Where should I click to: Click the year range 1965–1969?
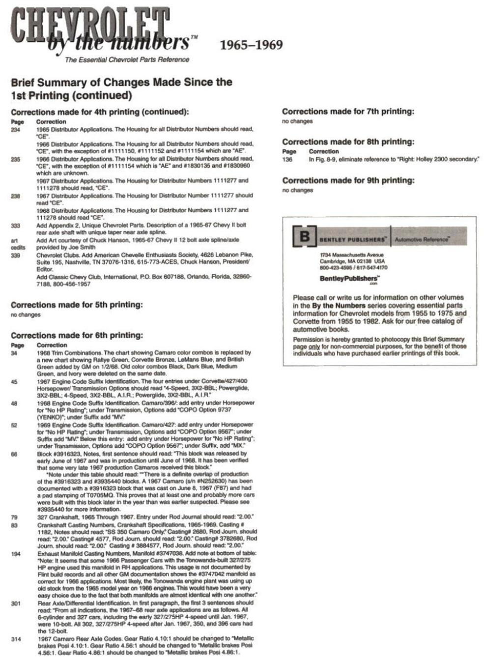coord(251,45)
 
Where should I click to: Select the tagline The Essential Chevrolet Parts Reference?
coord(127,59)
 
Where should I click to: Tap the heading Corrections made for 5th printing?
coord(77,305)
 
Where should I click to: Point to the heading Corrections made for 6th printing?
coord(77,335)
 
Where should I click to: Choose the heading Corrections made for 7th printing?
coord(348,112)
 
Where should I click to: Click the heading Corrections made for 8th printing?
coord(348,142)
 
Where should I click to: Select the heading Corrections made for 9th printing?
coord(348,180)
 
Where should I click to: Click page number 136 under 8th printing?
coord(287,159)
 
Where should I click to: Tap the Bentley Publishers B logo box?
coord(305,237)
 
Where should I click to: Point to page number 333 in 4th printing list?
coord(15,226)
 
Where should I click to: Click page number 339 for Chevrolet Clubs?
coord(15,255)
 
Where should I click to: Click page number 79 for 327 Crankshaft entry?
coord(14,517)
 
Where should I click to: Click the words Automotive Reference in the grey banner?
coord(422,239)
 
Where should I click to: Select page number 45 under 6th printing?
coord(14,381)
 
